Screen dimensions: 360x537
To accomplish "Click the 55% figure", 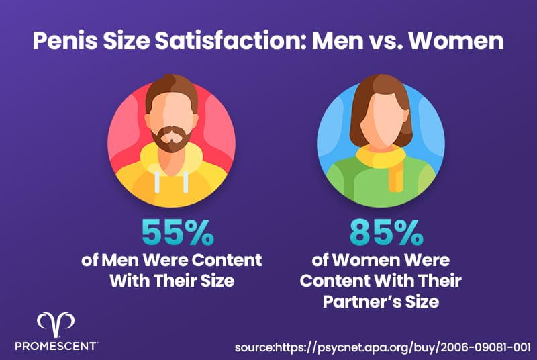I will pyautogui.click(x=178, y=232).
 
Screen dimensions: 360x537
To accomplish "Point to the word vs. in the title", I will pyautogui.click(x=385, y=42).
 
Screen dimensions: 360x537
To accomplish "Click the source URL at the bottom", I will pyautogui.click(x=383, y=347).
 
